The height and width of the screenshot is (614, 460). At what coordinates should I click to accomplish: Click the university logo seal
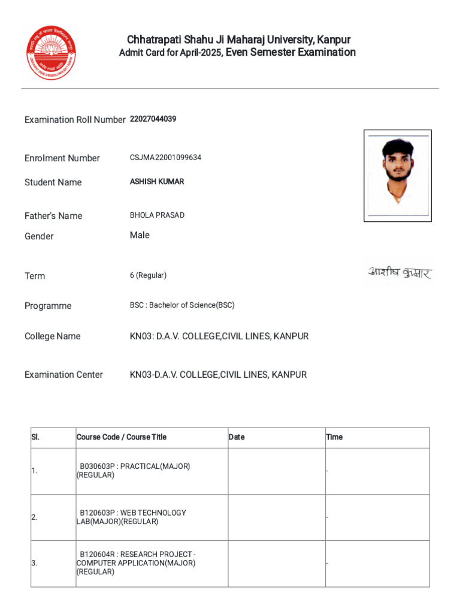(52, 53)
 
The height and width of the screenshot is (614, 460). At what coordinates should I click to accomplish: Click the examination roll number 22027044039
(153, 119)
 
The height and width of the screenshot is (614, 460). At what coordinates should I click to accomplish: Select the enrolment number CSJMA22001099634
(165, 158)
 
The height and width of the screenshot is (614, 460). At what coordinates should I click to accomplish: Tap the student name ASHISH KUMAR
(157, 182)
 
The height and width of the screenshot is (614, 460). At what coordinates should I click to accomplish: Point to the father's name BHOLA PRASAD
(157, 215)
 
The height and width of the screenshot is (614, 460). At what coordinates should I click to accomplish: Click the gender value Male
(140, 235)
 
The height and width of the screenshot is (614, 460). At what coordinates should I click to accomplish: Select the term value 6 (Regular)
(148, 275)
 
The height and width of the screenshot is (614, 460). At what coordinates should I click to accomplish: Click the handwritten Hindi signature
(399, 273)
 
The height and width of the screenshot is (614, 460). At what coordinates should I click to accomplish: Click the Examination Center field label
(63, 375)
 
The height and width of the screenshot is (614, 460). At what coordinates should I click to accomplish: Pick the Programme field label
(48, 306)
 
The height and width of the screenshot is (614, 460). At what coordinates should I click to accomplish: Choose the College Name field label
(52, 336)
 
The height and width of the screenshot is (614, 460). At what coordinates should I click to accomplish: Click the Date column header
(237, 437)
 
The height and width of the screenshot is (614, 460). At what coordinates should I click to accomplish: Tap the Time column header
(334, 437)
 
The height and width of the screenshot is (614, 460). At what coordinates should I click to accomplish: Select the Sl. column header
(35, 437)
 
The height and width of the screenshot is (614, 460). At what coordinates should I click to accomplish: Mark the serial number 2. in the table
(34, 517)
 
